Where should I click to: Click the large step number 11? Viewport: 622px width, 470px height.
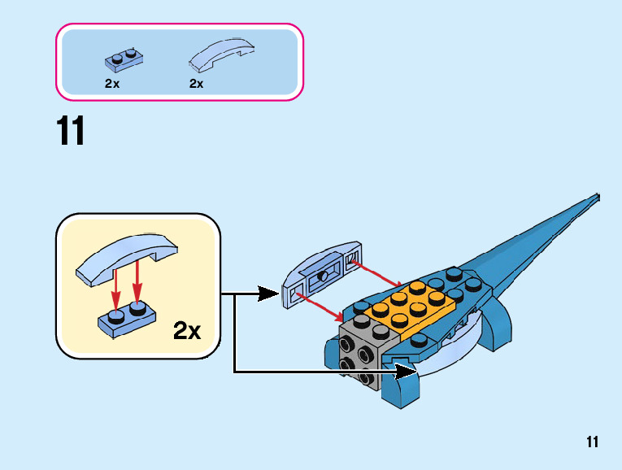click(x=71, y=130)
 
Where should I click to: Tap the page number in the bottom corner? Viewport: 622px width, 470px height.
click(x=592, y=442)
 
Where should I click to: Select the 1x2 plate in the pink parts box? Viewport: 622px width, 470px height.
click(x=124, y=61)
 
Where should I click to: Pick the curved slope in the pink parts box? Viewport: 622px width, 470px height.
click(x=221, y=54)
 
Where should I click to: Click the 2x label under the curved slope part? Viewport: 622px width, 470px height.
click(x=197, y=84)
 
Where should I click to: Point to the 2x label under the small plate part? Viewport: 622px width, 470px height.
click(x=112, y=84)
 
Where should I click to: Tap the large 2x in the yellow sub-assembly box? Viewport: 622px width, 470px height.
click(x=187, y=330)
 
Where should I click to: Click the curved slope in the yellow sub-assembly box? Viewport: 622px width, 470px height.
click(x=127, y=259)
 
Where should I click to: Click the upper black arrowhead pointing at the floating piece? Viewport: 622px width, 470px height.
click(x=268, y=294)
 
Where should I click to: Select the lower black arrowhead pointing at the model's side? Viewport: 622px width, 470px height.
click(x=406, y=372)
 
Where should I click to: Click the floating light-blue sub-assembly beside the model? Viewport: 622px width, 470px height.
click(x=321, y=274)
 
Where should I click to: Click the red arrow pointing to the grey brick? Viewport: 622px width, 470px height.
click(x=320, y=307)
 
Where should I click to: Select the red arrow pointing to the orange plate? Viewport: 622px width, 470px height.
click(x=376, y=273)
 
